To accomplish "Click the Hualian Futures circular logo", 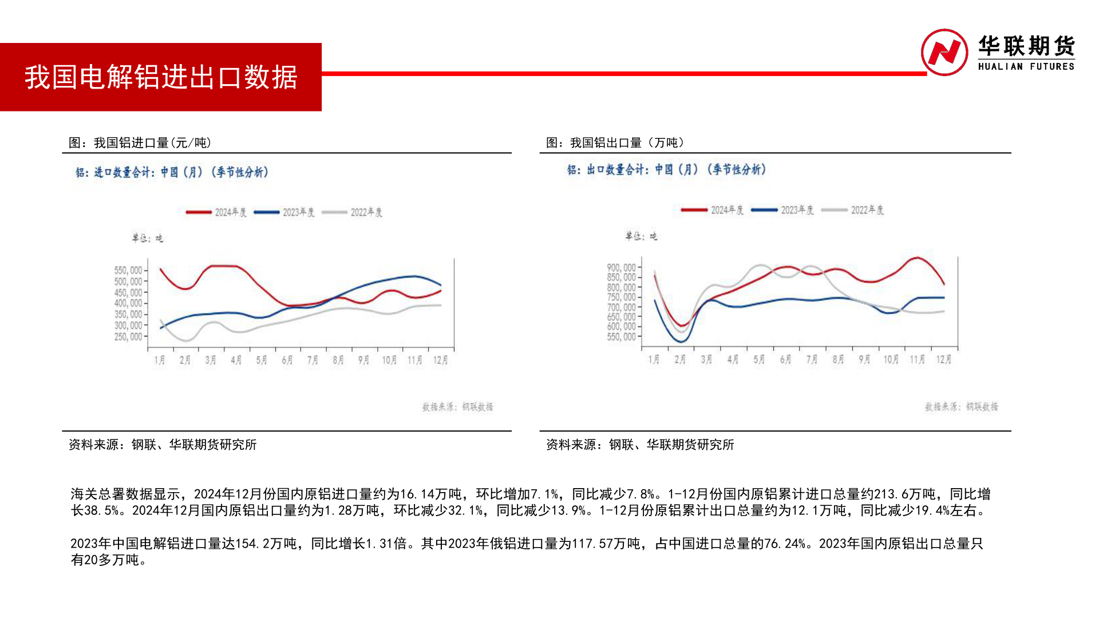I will (x=944, y=53).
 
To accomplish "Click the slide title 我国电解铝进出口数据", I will (x=161, y=77).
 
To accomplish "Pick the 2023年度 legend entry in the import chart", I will (x=284, y=212).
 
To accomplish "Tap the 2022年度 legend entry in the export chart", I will (x=853, y=210).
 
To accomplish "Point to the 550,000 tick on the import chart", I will (x=128, y=270).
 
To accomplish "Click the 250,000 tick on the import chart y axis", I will (x=128, y=336).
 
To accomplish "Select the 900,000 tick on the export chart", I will (x=621, y=268).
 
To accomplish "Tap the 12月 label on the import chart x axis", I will (x=440, y=360).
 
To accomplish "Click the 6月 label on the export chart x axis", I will (x=785, y=359).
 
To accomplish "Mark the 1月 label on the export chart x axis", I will (x=654, y=359).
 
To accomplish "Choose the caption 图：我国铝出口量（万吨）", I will (x=615, y=142).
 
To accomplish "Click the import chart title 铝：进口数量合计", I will (x=172, y=172).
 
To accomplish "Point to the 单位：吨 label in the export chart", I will (x=641, y=236).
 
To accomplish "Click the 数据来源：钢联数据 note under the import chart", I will (x=457, y=407).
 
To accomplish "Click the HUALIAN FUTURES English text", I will (x=1026, y=66).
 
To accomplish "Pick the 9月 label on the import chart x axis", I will (x=363, y=360).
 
